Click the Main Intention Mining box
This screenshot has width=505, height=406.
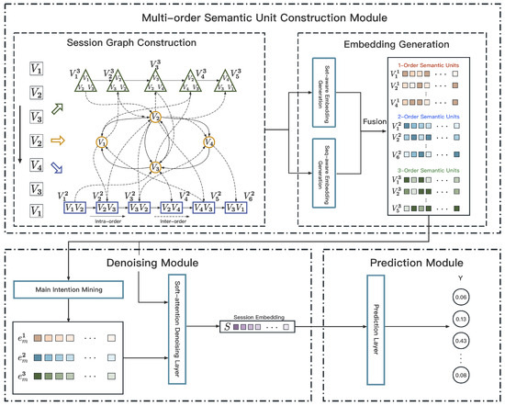69,292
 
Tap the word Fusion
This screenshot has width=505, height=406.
378,130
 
